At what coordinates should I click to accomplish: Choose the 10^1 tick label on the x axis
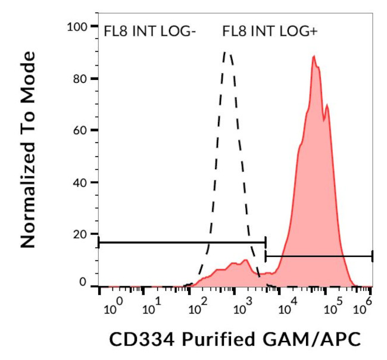pyautogui.click(x=152, y=308)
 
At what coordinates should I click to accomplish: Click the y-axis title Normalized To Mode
pyautogui.click(x=28, y=149)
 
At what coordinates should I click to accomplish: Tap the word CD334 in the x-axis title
pyautogui.click(x=135, y=339)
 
